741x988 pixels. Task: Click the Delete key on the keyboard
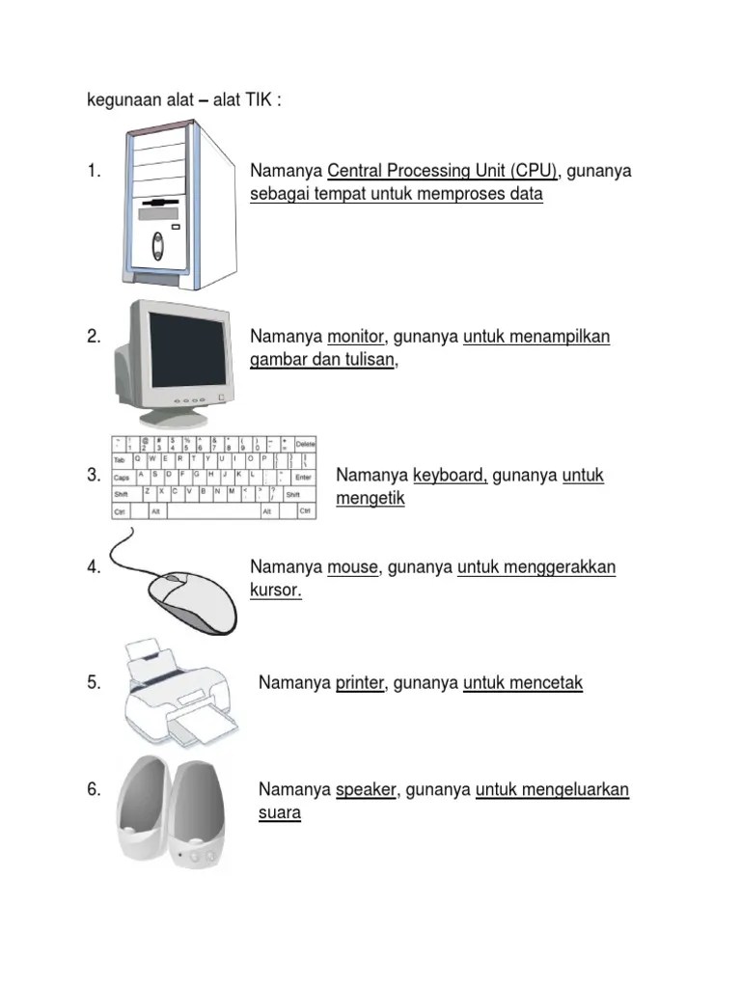305,443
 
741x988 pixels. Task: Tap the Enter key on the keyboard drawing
303,477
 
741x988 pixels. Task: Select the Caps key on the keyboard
123,477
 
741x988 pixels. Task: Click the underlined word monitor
356,337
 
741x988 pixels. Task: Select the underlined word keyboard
450,476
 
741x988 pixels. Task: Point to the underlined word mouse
352,567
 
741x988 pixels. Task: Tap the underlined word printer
360,683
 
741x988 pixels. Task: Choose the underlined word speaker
366,790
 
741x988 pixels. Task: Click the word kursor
276,590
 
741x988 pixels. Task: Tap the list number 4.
94,567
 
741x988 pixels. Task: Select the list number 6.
94,790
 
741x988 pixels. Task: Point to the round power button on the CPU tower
157,255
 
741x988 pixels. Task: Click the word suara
280,813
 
